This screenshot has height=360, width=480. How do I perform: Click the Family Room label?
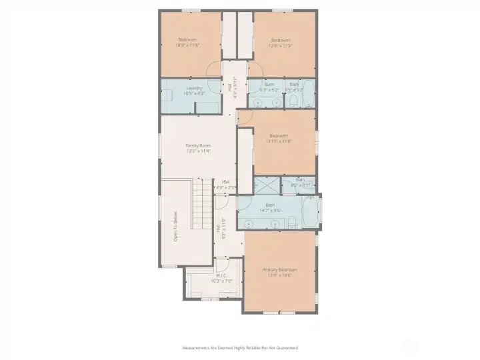pos(198,145)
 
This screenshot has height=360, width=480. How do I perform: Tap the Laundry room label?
pos(194,88)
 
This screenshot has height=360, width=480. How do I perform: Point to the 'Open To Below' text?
pos(176,227)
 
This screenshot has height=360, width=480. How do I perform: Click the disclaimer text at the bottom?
pos(240,347)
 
